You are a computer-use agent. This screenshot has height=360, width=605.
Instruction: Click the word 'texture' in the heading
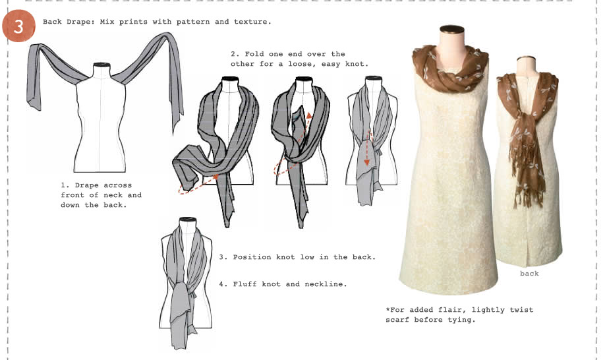[x=252, y=22]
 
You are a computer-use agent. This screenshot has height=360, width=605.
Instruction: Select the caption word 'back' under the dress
[x=529, y=273]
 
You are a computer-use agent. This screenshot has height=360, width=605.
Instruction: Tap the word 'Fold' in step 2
[x=256, y=53]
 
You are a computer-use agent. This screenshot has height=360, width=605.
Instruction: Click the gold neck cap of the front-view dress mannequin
[x=452, y=29]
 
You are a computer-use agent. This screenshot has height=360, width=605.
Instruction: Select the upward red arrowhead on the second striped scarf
[x=308, y=117]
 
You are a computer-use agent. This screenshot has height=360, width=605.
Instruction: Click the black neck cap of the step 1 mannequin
[x=101, y=65]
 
